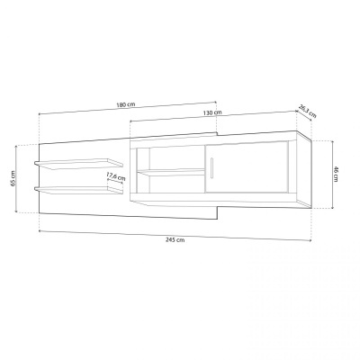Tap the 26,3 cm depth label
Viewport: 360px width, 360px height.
[x=308, y=112]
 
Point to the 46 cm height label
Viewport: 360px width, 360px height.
[x=336, y=173]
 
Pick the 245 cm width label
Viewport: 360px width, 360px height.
[x=175, y=240]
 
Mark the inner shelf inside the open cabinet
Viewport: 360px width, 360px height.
[x=168, y=170]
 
